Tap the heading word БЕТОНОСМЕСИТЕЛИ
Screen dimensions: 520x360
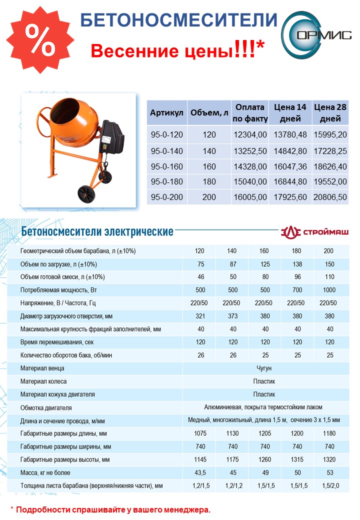pyautogui.click(x=178, y=20)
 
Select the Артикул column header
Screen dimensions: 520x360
pyautogui.click(x=167, y=113)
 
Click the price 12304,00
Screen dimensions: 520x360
pyautogui.click(x=250, y=134)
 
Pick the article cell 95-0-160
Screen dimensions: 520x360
pyautogui.click(x=167, y=166)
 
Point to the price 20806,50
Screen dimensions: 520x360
pyautogui.click(x=330, y=197)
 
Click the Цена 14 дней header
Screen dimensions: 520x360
pyautogui.click(x=290, y=113)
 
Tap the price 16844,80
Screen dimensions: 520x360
pyautogui.click(x=290, y=181)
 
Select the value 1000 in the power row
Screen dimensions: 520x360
pyautogui.click(x=329, y=290)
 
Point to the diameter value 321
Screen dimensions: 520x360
pyautogui.click(x=199, y=316)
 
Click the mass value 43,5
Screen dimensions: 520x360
pyautogui.click(x=199, y=472)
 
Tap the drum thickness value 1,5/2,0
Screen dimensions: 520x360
pyautogui.click(x=329, y=485)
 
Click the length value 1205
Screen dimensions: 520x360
pyautogui.click(x=264, y=433)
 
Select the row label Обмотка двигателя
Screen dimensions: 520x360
pyautogui.click(x=46, y=407)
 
